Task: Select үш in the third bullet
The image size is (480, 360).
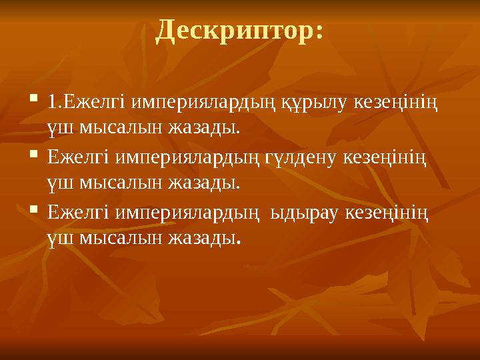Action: pos(61,237)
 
